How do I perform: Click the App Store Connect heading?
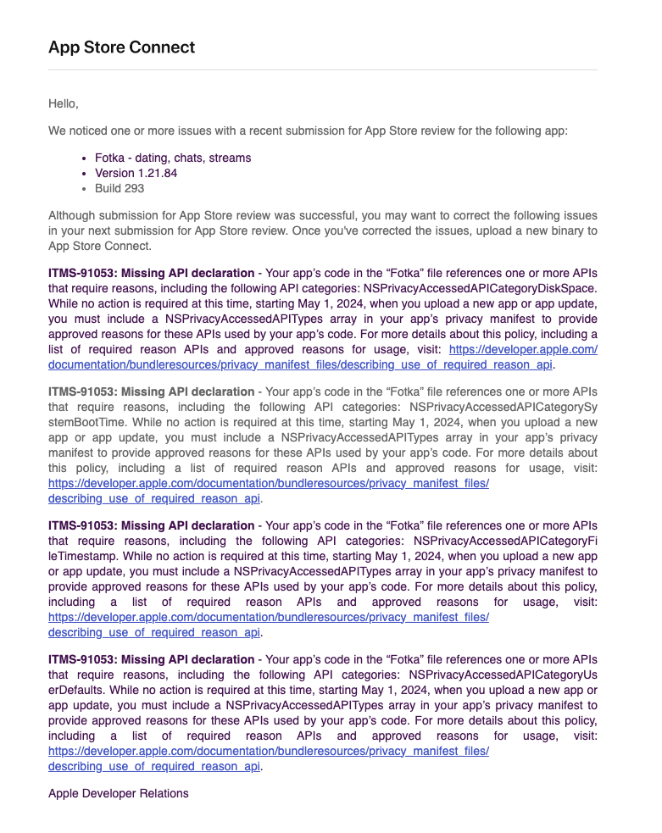(121, 47)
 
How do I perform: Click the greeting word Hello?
(63, 103)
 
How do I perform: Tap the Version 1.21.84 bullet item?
(136, 173)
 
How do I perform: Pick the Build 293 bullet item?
(119, 188)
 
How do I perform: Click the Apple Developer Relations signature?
(118, 793)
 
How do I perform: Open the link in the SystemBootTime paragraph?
(269, 484)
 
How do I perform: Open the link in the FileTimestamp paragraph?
(269, 617)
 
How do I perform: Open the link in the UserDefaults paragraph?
(269, 751)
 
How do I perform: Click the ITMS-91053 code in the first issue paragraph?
(82, 274)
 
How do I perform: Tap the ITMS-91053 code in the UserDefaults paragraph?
(82, 659)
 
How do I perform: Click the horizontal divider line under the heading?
(322, 69)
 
